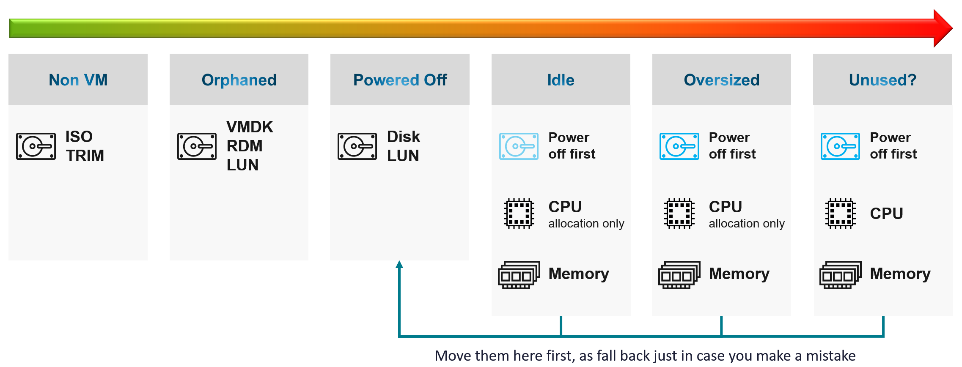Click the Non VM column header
[x=78, y=79]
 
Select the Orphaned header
[x=239, y=79]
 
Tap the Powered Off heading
[x=400, y=79]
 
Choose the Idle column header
[x=561, y=79]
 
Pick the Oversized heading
[x=722, y=79]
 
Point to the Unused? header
[x=882, y=79]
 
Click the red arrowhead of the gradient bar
[x=943, y=28]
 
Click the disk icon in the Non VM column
[x=36, y=146]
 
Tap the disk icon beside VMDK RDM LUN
[x=197, y=146]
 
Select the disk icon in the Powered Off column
[x=357, y=146]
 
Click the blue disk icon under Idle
[x=519, y=146]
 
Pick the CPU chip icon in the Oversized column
[x=679, y=214]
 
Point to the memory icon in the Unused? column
[x=841, y=275]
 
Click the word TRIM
[x=85, y=156]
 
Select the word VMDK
[x=250, y=127]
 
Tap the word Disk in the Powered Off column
[x=404, y=137]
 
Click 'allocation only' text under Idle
[x=586, y=223]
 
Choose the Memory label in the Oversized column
[x=739, y=274]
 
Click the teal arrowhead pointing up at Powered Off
[x=399, y=264]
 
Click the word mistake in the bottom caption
[x=831, y=356]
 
